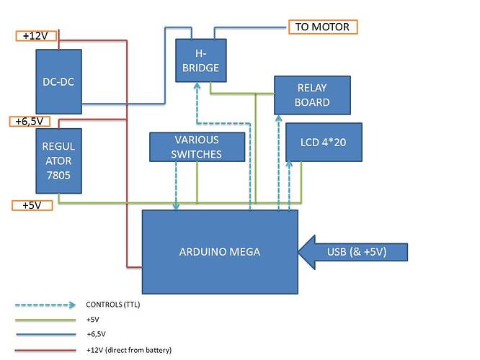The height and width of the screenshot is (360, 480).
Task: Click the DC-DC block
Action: tap(59, 81)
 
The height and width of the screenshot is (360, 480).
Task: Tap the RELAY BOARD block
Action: tap(313, 94)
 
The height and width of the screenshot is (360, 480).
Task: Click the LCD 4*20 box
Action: tap(324, 142)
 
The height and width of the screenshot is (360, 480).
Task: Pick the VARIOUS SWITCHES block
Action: tap(196, 147)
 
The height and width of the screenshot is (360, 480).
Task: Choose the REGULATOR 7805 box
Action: tap(59, 161)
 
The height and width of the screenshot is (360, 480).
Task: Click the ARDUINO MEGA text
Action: tap(220, 252)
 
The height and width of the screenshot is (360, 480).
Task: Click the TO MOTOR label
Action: tap(322, 27)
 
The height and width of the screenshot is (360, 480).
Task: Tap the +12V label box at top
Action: tap(35, 36)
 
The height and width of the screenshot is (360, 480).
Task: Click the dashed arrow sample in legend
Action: tap(48, 305)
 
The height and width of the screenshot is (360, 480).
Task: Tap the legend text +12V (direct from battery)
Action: tap(128, 350)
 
